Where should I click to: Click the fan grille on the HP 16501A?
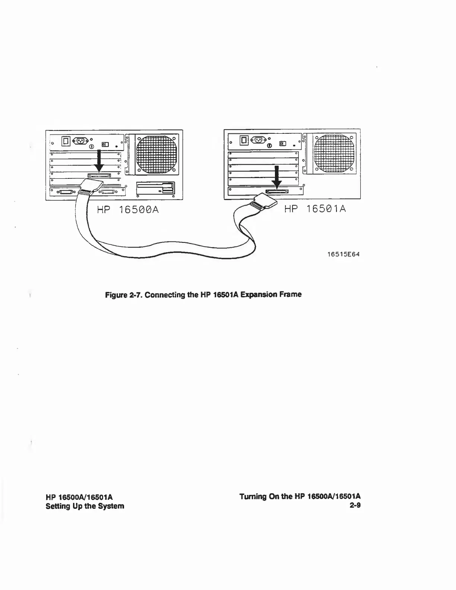coord(333,152)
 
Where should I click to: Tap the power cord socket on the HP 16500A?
coord(80,141)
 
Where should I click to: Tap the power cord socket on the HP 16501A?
coord(259,140)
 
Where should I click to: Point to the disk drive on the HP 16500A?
coord(155,188)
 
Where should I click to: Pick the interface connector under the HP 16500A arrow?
coord(99,175)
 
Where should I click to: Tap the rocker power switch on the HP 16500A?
coord(66,141)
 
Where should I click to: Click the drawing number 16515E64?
coord(343,255)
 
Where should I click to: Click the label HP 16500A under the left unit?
coord(128,210)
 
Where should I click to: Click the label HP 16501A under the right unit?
coord(315,209)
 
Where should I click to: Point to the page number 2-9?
coord(355,505)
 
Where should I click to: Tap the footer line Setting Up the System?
coord(85,506)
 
